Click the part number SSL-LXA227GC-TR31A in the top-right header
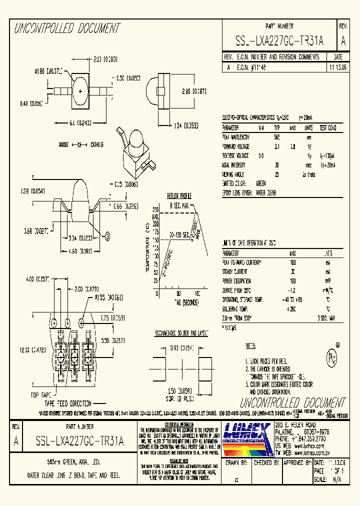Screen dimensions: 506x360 tap(279, 41)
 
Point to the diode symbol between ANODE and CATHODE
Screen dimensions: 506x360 tap(79, 144)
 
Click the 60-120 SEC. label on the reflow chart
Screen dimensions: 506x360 tap(178, 234)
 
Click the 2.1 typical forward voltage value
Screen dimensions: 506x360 tap(276, 146)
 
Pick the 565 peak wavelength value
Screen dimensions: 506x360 tap(276, 136)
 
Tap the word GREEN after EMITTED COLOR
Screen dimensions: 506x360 tap(260, 183)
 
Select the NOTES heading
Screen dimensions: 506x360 tap(250, 346)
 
